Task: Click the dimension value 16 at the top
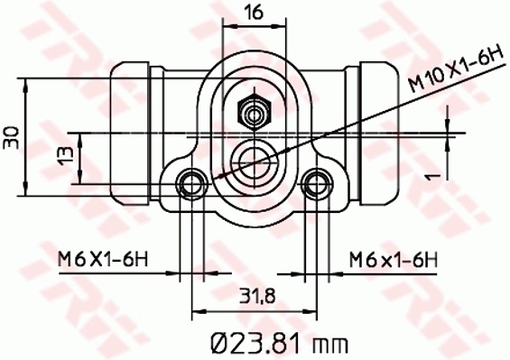[x=254, y=12]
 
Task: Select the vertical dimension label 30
[x=11, y=136]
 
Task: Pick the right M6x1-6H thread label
[x=394, y=260]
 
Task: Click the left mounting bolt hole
[x=191, y=184]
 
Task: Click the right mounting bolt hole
[x=315, y=184]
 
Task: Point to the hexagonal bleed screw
[x=254, y=114]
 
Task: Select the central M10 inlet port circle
[x=254, y=160]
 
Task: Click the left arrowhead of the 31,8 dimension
[x=197, y=313]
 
